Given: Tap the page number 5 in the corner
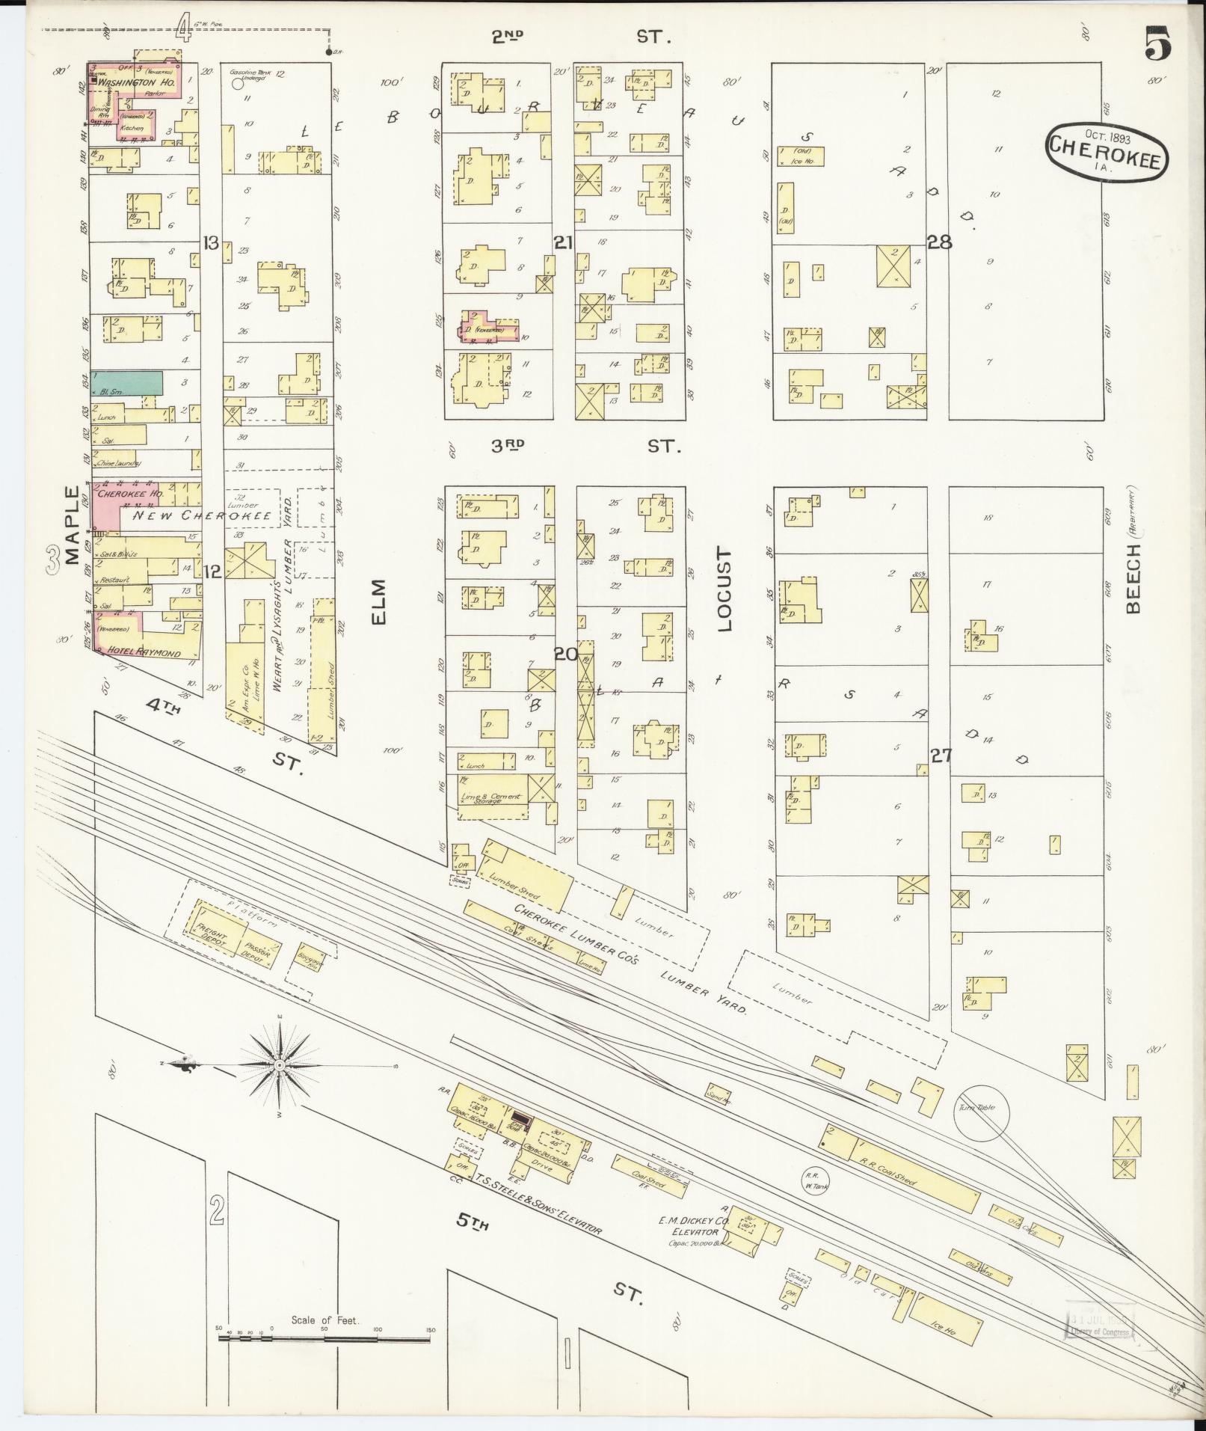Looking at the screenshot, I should click(x=1156, y=44).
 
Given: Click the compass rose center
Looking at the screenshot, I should click(x=279, y=1064).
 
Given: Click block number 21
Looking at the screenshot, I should click(x=563, y=241).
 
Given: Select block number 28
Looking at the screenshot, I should click(x=939, y=241).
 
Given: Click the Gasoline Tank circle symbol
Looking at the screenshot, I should click(x=239, y=85).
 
